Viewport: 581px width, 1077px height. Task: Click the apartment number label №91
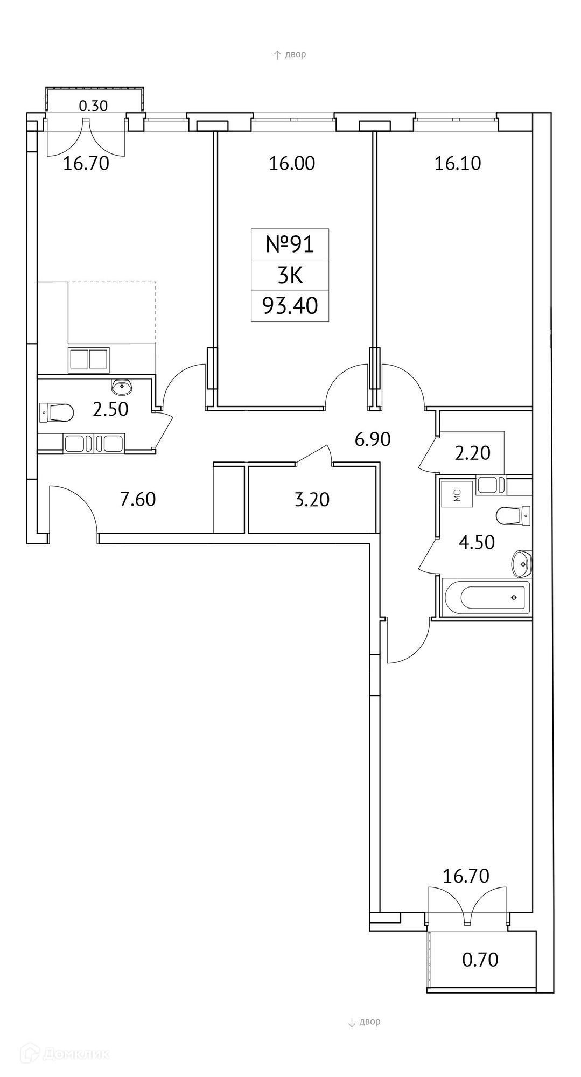point(290,244)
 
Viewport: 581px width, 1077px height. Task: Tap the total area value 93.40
point(290,306)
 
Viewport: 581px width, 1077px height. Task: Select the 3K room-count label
point(290,275)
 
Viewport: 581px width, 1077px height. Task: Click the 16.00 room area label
point(292,163)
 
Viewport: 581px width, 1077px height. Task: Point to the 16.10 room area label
point(458,163)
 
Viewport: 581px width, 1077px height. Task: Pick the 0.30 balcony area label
point(93,106)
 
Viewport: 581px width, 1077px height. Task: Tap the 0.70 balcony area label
point(480,959)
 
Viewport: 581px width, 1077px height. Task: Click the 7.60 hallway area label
point(138,499)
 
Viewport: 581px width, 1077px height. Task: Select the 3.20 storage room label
point(312,499)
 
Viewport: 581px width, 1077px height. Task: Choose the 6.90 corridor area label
point(373,439)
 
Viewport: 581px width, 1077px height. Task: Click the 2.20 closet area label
point(473,453)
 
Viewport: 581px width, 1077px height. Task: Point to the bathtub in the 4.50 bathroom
point(485,597)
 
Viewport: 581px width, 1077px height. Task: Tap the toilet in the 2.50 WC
point(57,413)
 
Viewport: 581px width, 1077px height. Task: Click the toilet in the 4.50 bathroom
point(513,516)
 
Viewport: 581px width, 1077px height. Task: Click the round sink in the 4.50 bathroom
point(521,563)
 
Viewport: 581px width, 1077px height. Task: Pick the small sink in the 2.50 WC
point(122,385)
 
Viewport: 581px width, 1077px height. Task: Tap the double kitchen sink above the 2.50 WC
point(89,360)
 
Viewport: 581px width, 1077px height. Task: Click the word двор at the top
point(296,54)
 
